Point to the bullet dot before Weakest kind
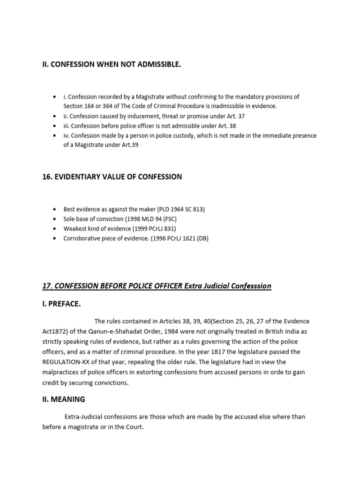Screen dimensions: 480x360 (55, 228)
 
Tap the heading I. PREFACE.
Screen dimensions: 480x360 (61, 304)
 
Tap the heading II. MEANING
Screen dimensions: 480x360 (64, 399)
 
